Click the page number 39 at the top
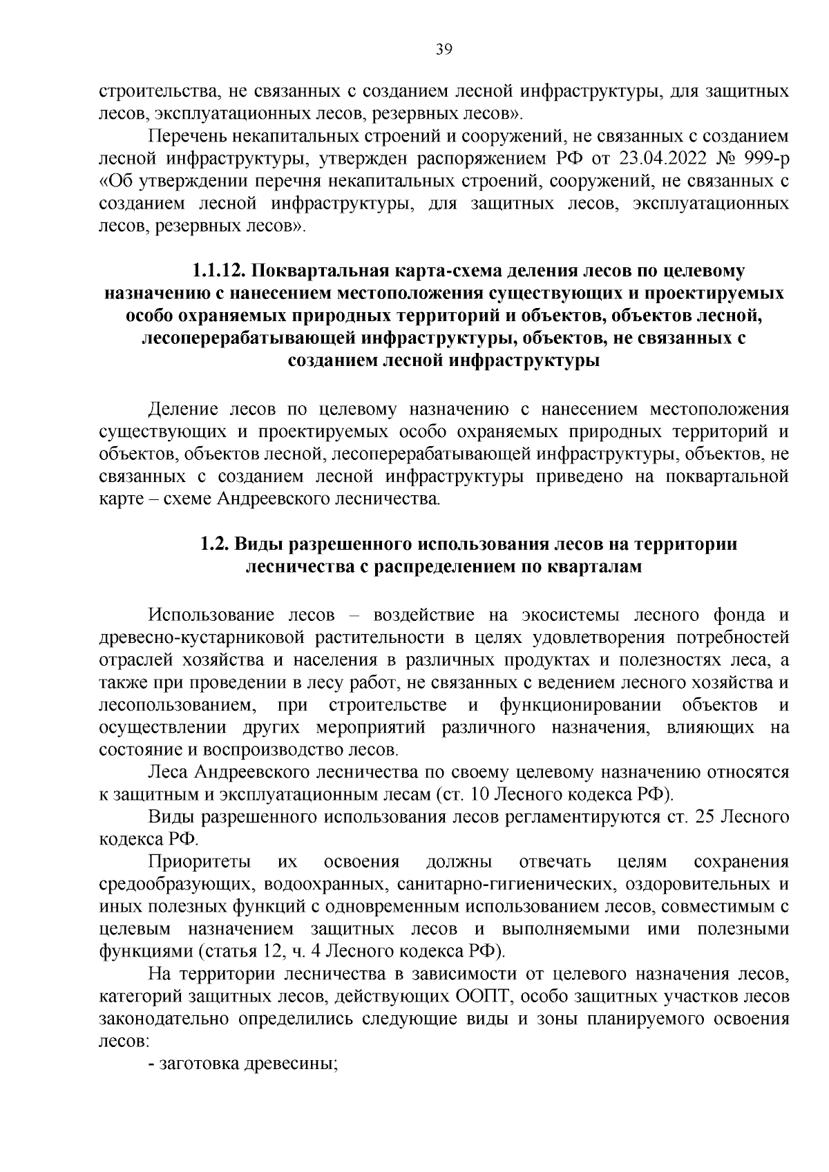point(444,48)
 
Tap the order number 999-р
point(764,158)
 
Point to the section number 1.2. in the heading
point(214,544)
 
